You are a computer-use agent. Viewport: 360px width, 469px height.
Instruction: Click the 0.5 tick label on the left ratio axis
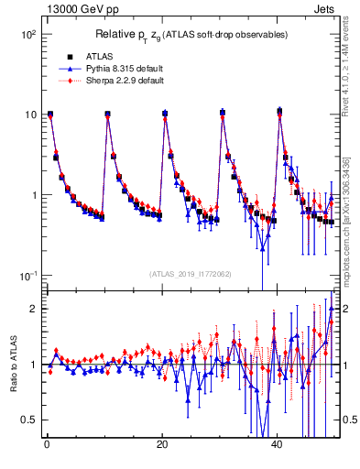click(27, 420)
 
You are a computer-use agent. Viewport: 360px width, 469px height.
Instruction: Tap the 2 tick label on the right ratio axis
click(345, 309)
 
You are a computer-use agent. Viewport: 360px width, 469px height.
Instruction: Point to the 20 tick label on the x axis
click(162, 446)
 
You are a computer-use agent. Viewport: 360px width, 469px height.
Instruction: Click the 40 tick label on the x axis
click(278, 446)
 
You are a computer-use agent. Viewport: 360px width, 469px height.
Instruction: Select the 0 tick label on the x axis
click(46, 446)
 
